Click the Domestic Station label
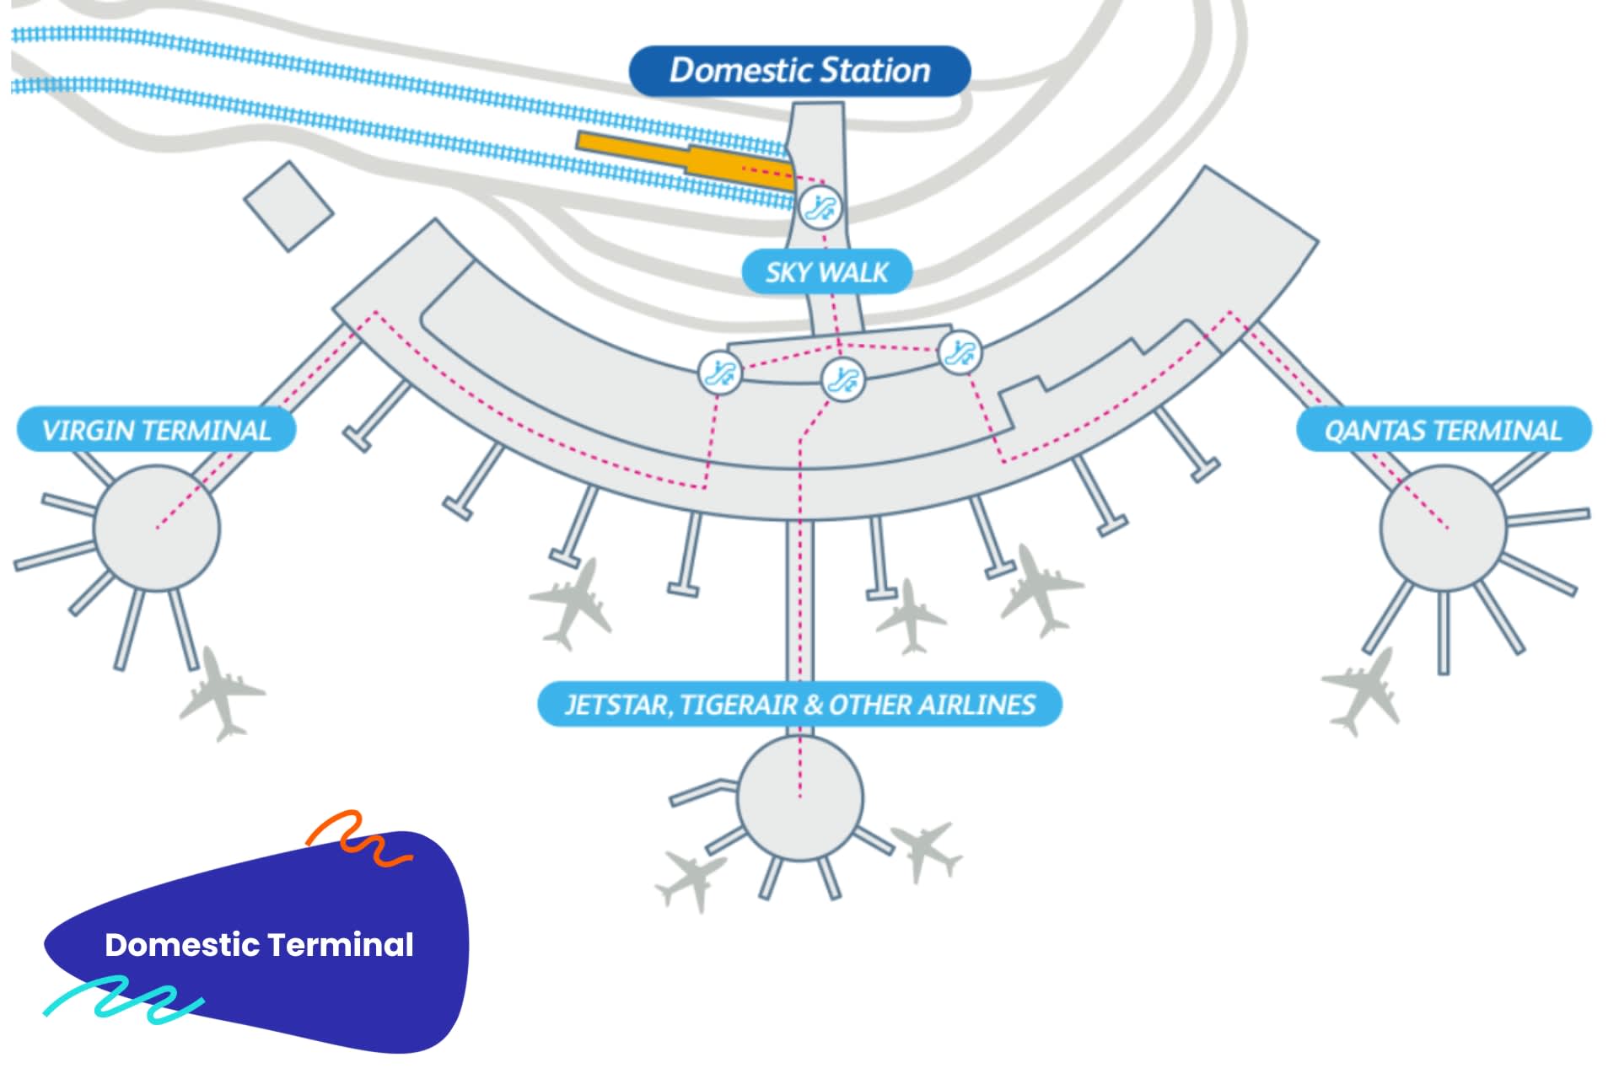[x=799, y=71]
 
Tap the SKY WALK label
[x=826, y=272]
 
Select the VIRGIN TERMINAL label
[x=157, y=431]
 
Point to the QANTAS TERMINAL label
[x=1443, y=431]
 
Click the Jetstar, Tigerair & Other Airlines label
[x=799, y=705]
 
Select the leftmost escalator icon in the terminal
[x=721, y=372]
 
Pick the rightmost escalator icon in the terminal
[x=960, y=352]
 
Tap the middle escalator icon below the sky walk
[x=843, y=379]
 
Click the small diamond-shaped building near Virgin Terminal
[x=288, y=207]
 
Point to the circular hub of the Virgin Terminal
[x=157, y=529]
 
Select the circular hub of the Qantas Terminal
[x=1443, y=529]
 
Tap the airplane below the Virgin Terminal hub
[x=221, y=694]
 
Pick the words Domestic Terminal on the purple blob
[x=259, y=945]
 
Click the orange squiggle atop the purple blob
[x=358, y=836]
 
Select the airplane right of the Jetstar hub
[x=928, y=850]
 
